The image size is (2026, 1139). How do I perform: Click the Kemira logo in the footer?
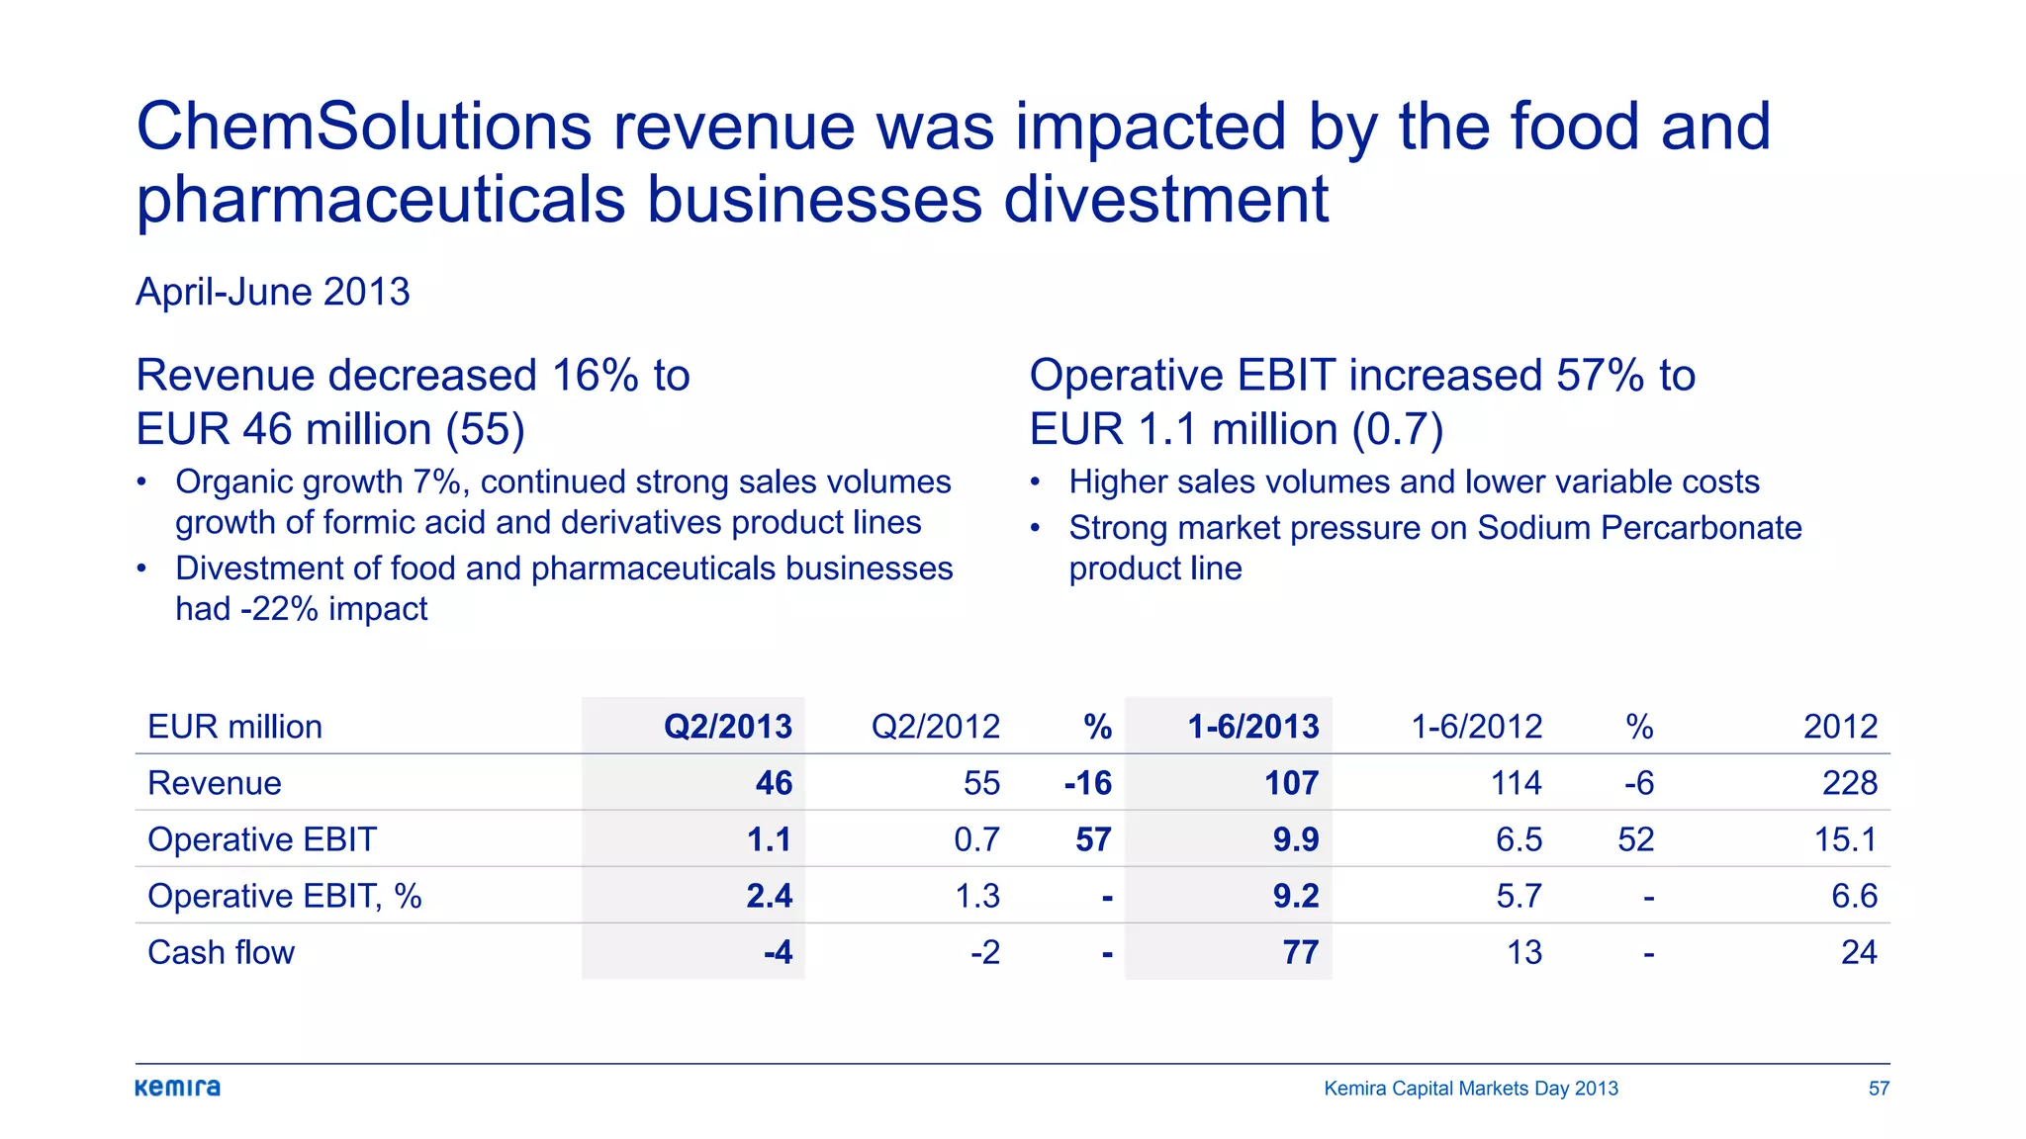178,1088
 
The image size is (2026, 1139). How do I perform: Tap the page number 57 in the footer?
1879,1089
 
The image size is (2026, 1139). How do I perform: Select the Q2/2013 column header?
727,727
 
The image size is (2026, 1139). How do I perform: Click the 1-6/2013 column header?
1252,727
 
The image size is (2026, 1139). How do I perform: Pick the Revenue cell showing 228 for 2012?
1849,783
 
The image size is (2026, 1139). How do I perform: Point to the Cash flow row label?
221,952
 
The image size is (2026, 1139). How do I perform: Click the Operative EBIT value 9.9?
1295,839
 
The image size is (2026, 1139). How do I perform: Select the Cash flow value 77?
1300,952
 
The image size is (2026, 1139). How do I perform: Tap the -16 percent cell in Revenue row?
1087,783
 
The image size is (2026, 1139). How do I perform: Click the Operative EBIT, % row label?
284,896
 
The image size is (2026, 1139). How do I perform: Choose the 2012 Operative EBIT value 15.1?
1845,839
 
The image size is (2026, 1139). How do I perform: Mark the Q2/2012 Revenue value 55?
981,783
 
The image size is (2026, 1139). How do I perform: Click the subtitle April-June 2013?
272,292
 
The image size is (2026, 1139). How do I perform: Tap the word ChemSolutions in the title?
363,127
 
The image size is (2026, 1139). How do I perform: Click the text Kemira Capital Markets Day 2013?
1470,1089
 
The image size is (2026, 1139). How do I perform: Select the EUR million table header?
234,727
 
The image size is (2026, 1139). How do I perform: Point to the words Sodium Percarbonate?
1638,528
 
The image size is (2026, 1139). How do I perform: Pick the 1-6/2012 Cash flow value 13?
1523,952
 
